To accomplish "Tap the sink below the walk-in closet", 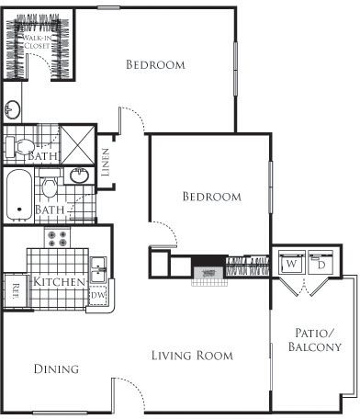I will pyautogui.click(x=13, y=110).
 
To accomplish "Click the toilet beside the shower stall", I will pyautogui.click(x=21, y=146).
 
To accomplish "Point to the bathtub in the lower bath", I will pyautogui.click(x=17, y=195).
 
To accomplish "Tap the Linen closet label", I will pyautogui.click(x=107, y=162).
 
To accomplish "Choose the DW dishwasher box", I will pyautogui.click(x=98, y=296).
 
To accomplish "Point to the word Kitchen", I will pyautogui.click(x=61, y=281).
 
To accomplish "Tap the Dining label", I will pyautogui.click(x=55, y=368).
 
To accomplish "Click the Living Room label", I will pyautogui.click(x=192, y=355).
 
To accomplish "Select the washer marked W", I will pyautogui.click(x=291, y=263).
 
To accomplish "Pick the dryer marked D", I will pyautogui.click(x=321, y=263).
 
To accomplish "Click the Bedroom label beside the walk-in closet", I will pyautogui.click(x=155, y=65).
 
